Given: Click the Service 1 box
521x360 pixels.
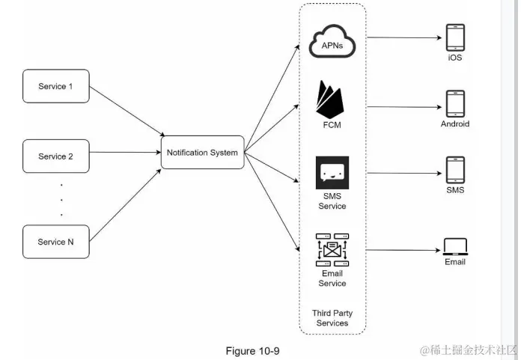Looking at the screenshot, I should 55,87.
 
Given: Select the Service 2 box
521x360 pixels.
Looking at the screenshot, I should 55,156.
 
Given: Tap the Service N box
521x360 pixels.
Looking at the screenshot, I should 55,242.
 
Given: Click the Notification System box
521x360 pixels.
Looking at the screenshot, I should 202,153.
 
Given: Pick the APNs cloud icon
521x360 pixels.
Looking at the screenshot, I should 332,44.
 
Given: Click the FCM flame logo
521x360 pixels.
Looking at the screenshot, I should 332,98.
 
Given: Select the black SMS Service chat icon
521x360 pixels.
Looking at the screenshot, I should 332,173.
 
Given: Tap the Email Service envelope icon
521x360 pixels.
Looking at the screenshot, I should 332,250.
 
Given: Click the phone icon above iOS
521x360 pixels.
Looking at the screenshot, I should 455,37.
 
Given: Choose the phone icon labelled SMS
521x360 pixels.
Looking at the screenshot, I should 455,170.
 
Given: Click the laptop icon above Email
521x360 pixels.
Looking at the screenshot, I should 455,246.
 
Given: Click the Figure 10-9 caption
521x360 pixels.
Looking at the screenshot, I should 252,350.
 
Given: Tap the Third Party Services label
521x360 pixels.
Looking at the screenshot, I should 332,317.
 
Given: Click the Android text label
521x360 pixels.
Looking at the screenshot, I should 455,124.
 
